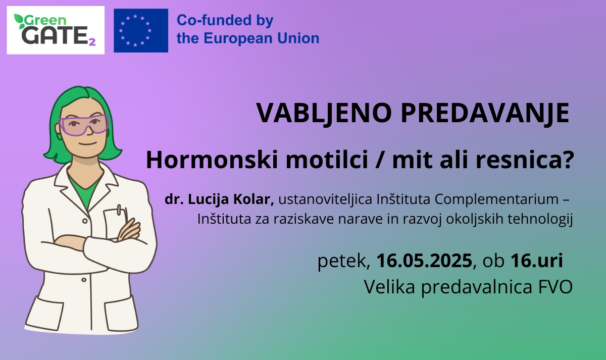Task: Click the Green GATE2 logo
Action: tap(56, 30)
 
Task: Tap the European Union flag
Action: tap(141, 30)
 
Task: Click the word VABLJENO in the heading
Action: tap(324, 113)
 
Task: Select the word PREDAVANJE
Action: tap(485, 113)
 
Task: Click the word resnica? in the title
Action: tap(525, 160)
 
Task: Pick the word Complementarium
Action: tap(497, 200)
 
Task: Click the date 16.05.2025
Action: tap(424, 261)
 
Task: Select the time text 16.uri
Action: tap(537, 261)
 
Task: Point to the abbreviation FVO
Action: tap(555, 287)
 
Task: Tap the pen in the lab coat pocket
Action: tap(119, 211)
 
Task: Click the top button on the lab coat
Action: tap(85, 221)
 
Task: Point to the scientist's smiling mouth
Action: tap(88, 144)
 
